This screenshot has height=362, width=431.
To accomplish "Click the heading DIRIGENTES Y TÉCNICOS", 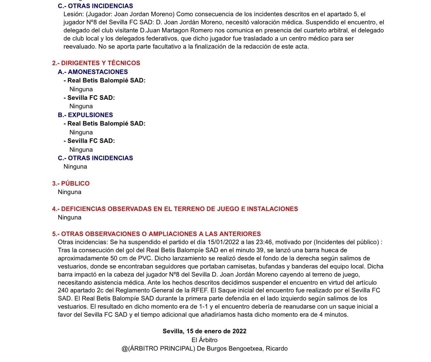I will (x=100, y=63).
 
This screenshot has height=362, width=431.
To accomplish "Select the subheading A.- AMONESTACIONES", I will (x=98, y=72).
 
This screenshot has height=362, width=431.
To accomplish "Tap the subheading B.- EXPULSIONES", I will (x=90, y=115).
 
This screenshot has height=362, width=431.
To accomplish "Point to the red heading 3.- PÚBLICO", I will (x=71, y=183).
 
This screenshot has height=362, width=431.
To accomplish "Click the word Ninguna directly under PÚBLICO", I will (x=70, y=192).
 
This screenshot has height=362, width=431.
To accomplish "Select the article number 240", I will (x=63, y=291).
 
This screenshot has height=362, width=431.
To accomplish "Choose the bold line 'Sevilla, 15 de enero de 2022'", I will (x=204, y=331).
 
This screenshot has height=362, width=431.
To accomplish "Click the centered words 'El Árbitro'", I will (x=204, y=340).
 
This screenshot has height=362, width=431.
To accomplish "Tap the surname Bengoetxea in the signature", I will (x=245, y=348).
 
